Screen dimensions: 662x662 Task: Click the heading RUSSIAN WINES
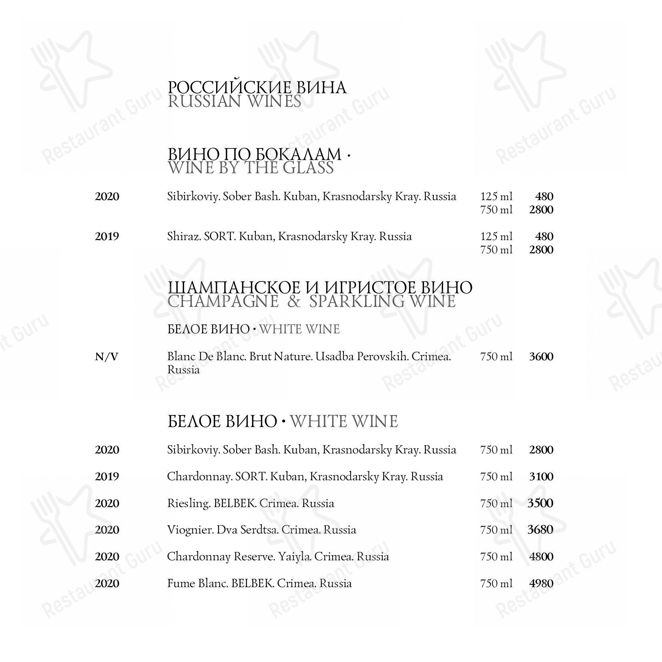point(234,102)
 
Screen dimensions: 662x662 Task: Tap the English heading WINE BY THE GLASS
point(251,168)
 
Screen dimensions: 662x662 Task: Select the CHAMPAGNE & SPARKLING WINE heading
point(311,301)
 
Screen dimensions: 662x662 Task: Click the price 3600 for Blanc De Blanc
point(541,357)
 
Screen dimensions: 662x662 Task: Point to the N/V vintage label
point(107,357)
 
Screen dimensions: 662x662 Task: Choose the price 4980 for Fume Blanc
point(541,583)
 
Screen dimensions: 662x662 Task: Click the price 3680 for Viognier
point(540,530)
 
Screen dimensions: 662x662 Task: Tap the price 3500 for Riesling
point(540,503)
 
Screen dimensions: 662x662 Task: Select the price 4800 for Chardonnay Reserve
point(541,557)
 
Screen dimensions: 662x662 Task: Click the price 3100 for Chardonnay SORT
point(541,477)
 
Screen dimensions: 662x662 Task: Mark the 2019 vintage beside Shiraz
point(107,237)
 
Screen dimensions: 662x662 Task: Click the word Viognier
point(190,530)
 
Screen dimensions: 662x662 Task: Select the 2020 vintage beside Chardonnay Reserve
point(107,557)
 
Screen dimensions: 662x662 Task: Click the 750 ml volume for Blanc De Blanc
point(496,357)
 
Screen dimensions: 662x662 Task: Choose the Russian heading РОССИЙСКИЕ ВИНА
point(257,88)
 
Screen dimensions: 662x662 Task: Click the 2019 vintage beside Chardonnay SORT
point(107,477)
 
